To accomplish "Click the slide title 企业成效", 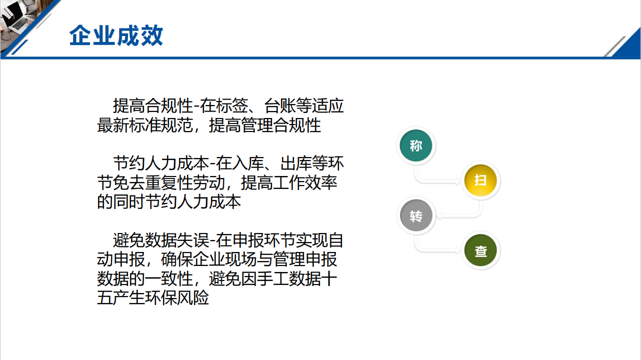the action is point(116,35).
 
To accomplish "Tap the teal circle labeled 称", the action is point(416,145).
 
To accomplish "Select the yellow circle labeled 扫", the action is point(480,180).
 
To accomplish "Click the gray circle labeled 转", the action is point(416,215).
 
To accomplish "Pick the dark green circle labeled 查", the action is point(480,250).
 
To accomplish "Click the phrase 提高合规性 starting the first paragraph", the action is point(153,106).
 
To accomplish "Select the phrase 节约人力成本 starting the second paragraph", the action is point(161,163).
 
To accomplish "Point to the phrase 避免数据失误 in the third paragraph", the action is point(161,240).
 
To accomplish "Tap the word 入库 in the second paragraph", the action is point(248,163).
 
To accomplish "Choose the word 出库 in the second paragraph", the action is point(296,163).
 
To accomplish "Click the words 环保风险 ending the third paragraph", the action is point(177,298).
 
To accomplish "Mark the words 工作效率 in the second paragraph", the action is point(305,183).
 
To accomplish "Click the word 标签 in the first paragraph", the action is point(232,106).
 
